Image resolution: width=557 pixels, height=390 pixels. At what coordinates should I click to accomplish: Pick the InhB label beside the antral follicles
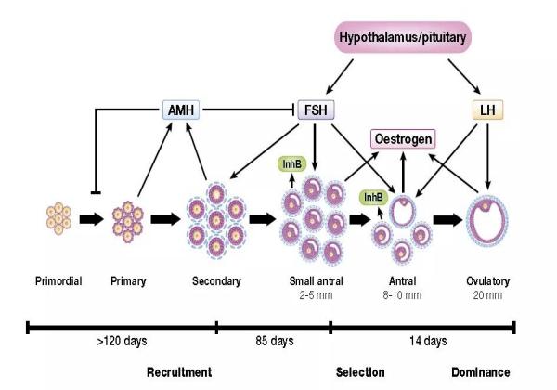(373, 197)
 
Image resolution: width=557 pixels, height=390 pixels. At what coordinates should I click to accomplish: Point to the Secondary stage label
(216, 281)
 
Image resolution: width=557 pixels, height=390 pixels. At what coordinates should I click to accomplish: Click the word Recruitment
(186, 373)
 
